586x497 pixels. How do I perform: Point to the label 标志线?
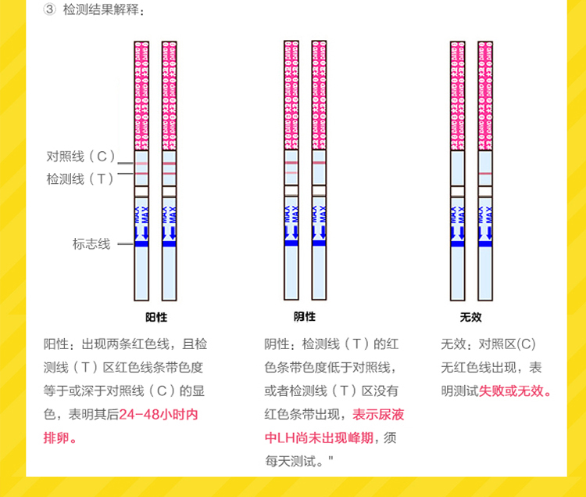point(91,243)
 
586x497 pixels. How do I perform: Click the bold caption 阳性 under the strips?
point(156,317)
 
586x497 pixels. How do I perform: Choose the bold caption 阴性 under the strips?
point(305,316)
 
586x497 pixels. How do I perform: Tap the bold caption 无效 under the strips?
point(471,317)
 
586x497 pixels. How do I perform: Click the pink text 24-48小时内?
point(159,414)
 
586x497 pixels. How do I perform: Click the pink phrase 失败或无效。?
point(516,391)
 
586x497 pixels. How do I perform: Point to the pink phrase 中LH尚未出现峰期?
point(320,438)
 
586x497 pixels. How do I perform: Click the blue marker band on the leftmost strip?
point(141,243)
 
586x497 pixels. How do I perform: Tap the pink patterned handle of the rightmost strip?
point(485,94)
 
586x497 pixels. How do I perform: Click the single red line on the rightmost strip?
point(485,172)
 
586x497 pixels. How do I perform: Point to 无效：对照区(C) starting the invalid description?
point(488,344)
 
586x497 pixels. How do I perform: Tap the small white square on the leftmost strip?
point(141,190)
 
